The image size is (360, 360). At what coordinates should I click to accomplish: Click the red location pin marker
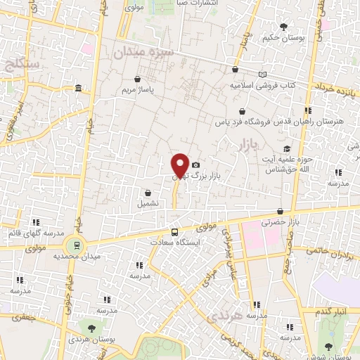180,165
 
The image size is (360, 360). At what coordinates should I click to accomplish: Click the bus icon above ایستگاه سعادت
174,231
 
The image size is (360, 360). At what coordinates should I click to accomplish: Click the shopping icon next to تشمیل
148,192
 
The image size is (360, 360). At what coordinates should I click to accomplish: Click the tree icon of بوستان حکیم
283,27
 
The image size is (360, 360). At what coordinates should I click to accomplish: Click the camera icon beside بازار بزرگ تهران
195,165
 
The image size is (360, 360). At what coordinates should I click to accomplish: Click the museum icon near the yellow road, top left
77,89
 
